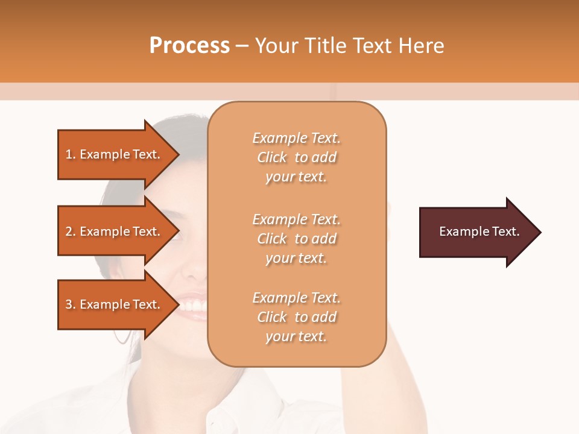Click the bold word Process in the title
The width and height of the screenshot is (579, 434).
coord(189,46)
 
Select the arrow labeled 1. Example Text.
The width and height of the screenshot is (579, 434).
coord(115,154)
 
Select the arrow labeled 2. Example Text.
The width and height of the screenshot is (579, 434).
coord(115,231)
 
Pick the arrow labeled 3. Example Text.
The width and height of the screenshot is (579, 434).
coord(115,304)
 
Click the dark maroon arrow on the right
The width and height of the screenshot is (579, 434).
coord(476,231)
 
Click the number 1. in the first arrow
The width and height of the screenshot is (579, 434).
coord(70,154)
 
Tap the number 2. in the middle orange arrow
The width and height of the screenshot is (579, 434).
coord(70,231)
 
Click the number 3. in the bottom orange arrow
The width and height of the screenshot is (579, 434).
coord(70,304)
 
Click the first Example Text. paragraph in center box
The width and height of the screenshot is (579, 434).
coord(296,157)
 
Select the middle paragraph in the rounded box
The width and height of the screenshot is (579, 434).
coord(296,239)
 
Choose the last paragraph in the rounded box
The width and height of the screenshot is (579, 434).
coord(296,317)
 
